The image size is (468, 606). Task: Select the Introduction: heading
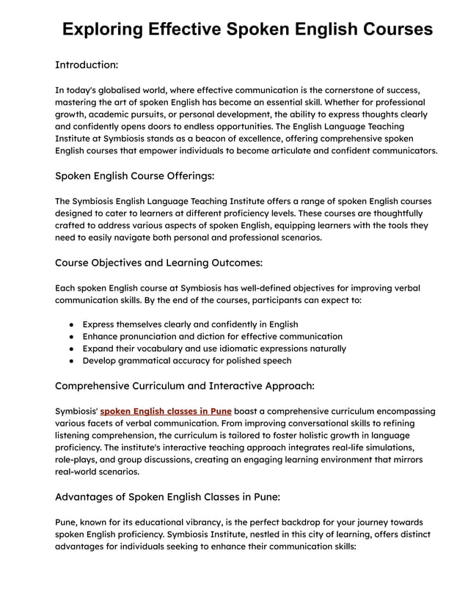pos(87,65)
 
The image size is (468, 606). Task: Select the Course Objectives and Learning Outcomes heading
pos(158,262)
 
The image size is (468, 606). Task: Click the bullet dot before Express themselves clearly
pos(70,324)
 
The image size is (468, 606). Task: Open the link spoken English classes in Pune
pos(166,411)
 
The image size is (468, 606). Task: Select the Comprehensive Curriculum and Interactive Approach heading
pos(184,385)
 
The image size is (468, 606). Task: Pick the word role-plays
pos(79,459)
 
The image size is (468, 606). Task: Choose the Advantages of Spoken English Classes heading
pos(167,497)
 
